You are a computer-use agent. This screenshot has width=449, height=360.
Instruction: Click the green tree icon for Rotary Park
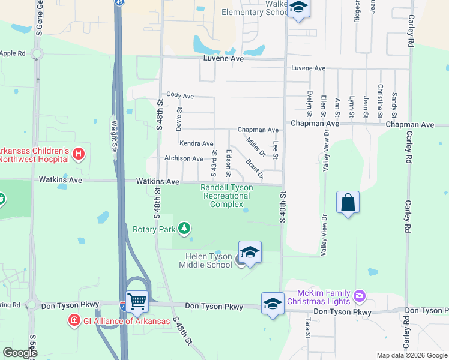185,229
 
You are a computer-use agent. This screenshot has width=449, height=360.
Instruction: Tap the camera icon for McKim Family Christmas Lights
360,295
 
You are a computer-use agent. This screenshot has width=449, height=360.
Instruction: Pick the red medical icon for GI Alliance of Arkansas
74,320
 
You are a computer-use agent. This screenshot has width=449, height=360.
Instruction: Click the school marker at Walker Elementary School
297,8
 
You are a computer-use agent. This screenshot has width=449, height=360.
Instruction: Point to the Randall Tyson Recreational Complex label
226,196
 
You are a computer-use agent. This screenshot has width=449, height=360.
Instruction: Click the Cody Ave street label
180,95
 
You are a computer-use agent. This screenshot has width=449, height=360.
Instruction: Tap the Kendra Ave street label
196,144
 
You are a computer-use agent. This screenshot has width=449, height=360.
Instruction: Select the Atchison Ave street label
184,158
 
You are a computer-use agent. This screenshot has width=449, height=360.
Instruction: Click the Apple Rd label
13,53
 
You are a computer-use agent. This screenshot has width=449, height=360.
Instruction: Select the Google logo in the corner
19,353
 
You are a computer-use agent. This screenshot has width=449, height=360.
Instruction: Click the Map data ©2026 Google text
411,355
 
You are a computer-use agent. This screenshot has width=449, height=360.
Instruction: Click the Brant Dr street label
254,169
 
